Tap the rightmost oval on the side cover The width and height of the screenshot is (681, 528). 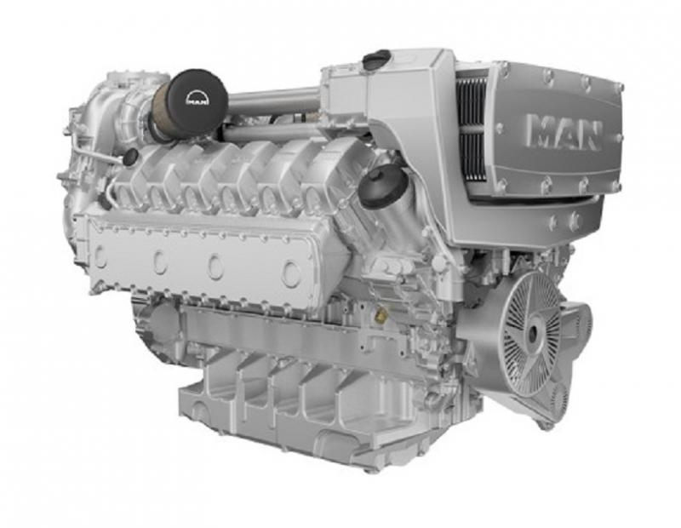[291, 273]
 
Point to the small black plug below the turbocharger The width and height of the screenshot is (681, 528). [129, 158]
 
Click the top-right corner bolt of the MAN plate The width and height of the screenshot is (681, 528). [618, 89]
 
